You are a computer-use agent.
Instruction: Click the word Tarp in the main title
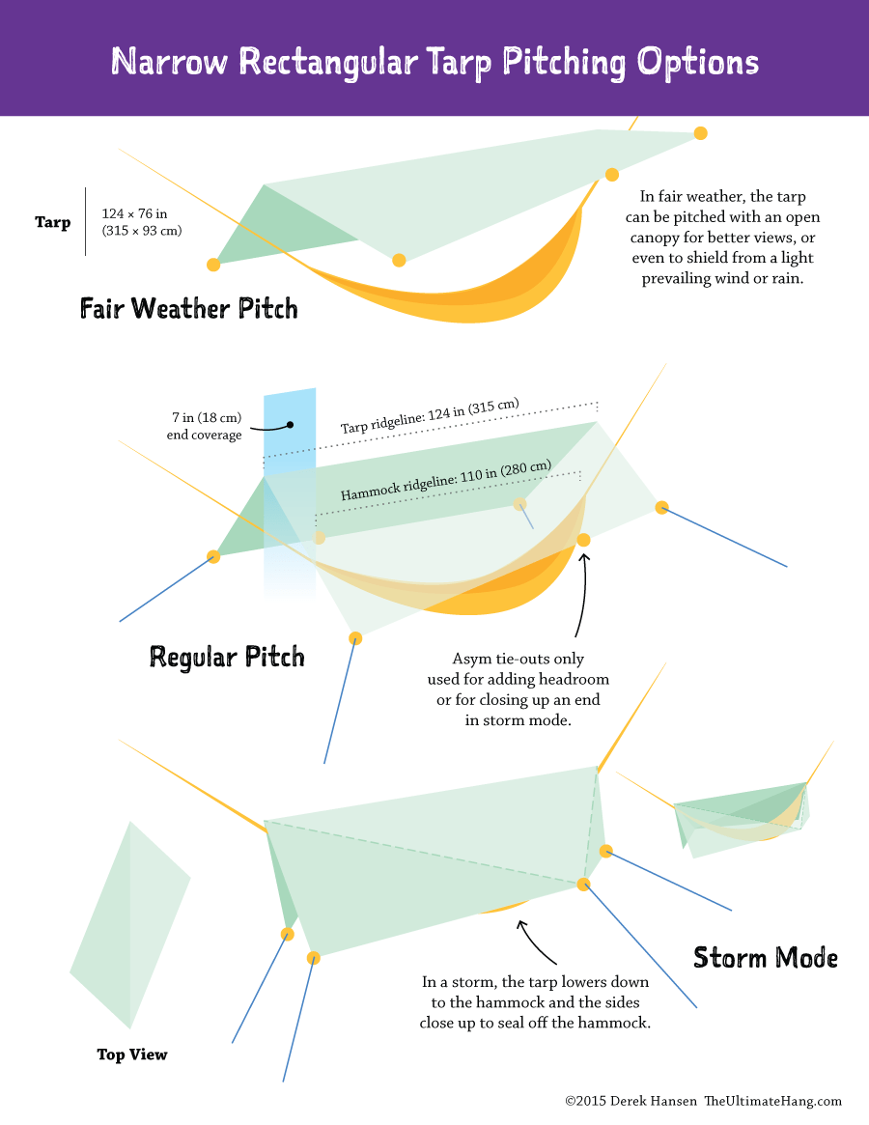(449, 62)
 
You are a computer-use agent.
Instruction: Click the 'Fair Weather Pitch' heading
(189, 309)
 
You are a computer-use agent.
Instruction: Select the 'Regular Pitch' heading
(227, 658)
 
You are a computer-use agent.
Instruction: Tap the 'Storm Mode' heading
(766, 958)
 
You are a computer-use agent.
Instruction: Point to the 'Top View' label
(132, 1055)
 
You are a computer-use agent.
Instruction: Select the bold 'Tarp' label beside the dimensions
(53, 223)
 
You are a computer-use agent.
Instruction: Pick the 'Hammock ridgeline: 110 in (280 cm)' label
(445, 480)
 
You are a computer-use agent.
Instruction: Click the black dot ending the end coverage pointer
(290, 424)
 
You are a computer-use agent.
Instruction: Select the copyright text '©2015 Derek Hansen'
(631, 1101)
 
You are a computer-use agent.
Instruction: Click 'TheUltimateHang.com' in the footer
(772, 1101)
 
